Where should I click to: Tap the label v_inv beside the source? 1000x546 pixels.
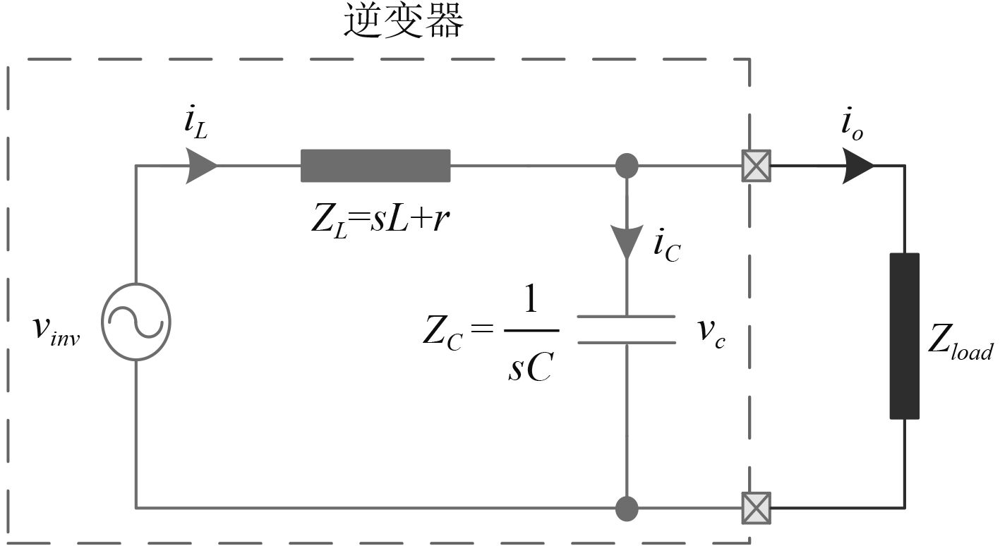[57, 332]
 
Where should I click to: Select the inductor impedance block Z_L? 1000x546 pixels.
[375, 166]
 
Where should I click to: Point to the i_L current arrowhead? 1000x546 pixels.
[201, 166]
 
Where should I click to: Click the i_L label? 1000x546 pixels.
[195, 125]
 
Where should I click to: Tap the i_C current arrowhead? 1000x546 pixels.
[627, 242]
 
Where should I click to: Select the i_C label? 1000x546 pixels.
[667, 247]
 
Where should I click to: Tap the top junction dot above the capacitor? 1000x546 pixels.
[627, 166]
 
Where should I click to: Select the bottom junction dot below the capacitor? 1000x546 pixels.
[627, 508]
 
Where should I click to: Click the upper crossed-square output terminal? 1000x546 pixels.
[755, 167]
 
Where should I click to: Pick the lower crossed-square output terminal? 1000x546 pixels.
[755, 508]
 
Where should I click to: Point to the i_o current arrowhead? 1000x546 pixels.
[857, 166]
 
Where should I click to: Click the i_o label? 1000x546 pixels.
[851, 127]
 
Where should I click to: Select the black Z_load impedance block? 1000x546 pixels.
[904, 335]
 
